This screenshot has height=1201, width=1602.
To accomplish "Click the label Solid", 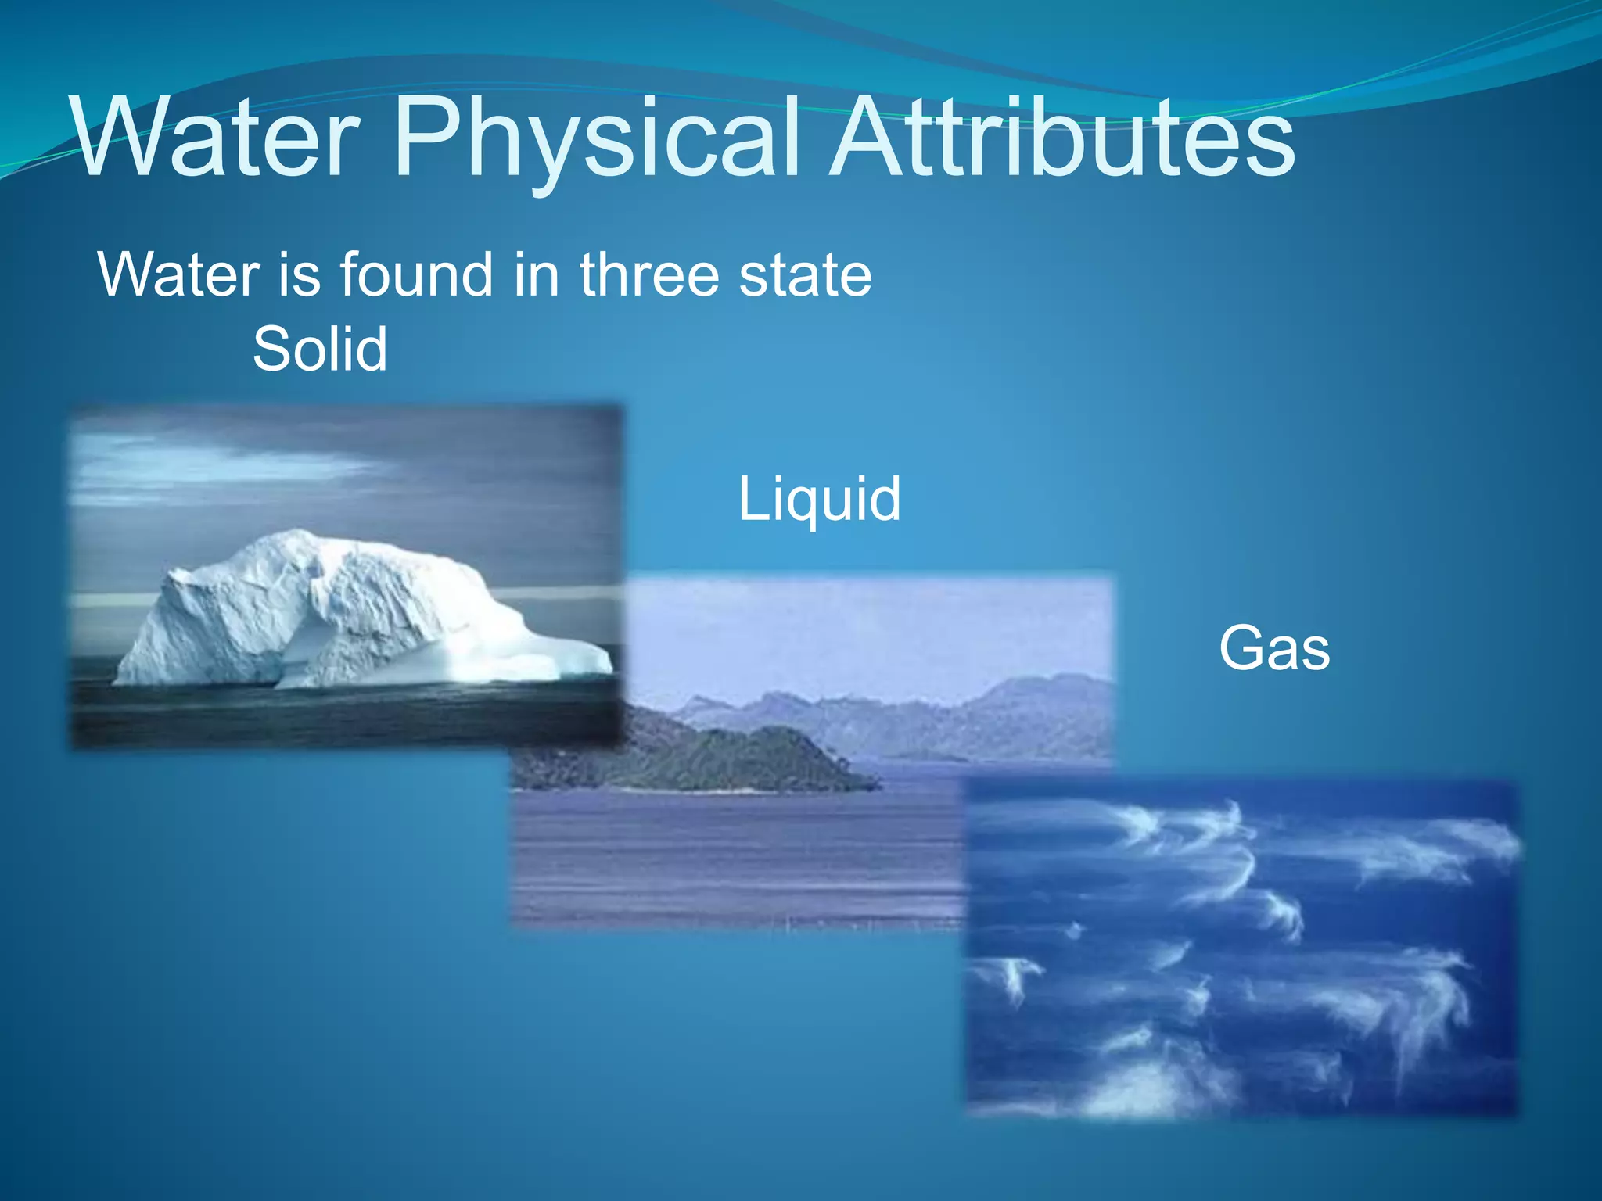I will [320, 349].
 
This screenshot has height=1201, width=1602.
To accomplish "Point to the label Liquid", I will [819, 499].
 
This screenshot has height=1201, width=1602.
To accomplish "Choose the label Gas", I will [1274, 648].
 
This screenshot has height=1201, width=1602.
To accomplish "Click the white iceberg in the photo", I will [329, 610].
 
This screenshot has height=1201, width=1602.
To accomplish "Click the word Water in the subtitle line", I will [178, 274].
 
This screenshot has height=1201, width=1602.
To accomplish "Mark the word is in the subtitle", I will [300, 274].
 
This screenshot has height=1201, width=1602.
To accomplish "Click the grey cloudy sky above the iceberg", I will [352, 469].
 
